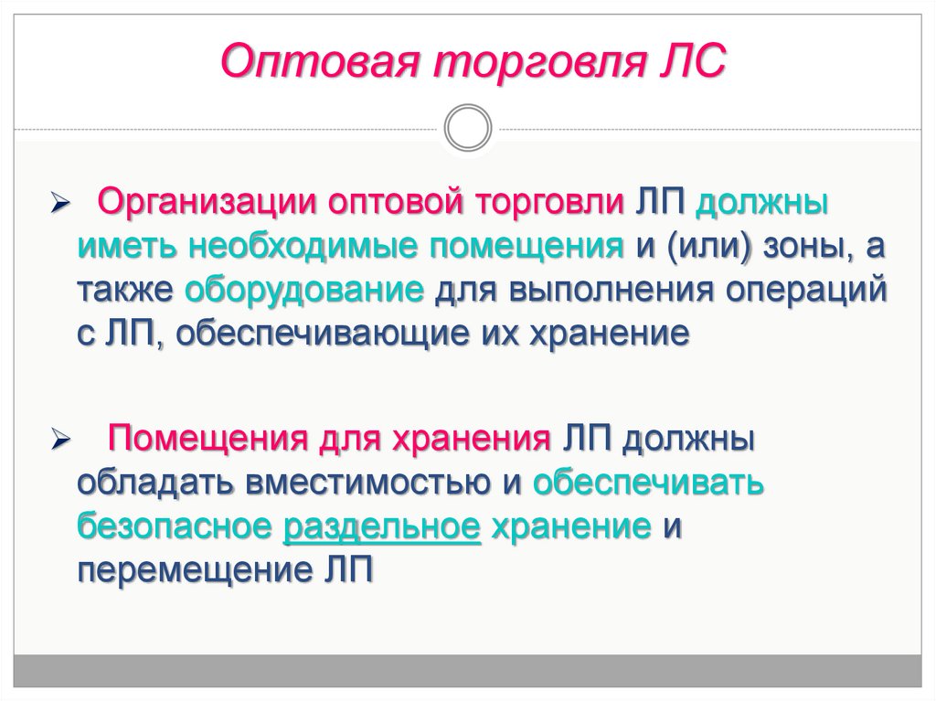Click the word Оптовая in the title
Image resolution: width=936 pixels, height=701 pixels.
pos(319,61)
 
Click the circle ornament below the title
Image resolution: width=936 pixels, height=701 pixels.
pos(468,128)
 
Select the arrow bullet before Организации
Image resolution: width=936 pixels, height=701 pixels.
pos(60,205)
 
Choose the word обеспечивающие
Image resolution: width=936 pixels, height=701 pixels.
pos(323,334)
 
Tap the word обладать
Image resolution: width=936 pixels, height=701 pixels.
pos(155,483)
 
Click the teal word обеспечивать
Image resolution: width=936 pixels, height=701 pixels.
pos(648,483)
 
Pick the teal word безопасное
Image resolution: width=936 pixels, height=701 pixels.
pos(175,526)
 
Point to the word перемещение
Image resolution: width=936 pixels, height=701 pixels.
pos(195,571)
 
